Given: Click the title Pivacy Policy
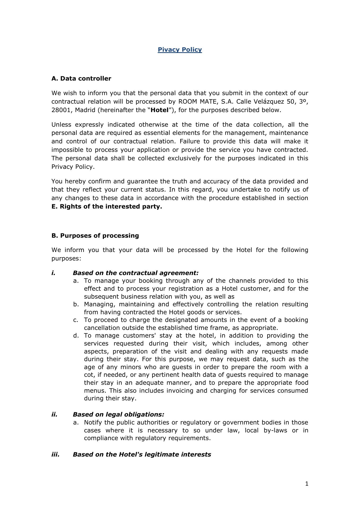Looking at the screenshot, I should [180, 50].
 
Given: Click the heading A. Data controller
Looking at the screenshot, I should [81, 78].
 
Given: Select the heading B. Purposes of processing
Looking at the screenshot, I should [95, 236].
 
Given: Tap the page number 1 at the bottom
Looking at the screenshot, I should [307, 484].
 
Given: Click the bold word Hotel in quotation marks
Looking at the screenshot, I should [160, 110].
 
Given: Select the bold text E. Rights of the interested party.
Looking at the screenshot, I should [107, 206].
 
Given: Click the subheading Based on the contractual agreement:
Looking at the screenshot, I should [135, 273].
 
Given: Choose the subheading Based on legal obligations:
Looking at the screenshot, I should [118, 414].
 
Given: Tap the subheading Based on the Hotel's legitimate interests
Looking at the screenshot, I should [142, 454].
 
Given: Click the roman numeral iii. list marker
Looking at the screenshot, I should [55, 454].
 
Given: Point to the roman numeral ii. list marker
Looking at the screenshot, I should [54, 414].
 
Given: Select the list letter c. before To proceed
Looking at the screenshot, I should [76, 320].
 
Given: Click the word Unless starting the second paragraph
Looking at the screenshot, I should [61, 125].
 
